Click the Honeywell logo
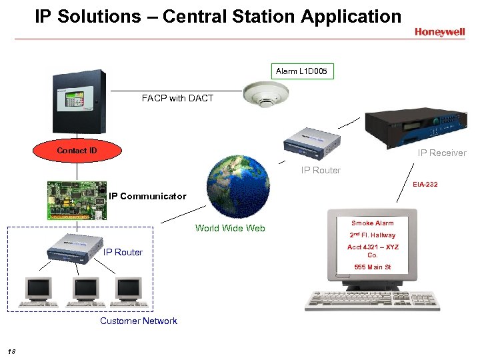coord(440,31)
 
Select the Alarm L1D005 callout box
coord(301,71)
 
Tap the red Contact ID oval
coord(77,151)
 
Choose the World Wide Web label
coord(230,228)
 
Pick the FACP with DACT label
coord(177,98)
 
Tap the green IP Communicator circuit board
coord(77,199)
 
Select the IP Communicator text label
coord(147,196)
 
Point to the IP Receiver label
coord(442,153)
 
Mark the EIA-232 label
coord(425,184)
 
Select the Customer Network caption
coord(139,321)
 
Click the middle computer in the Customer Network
coord(87,290)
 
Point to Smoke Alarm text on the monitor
coord(373,223)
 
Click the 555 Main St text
coord(373,267)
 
